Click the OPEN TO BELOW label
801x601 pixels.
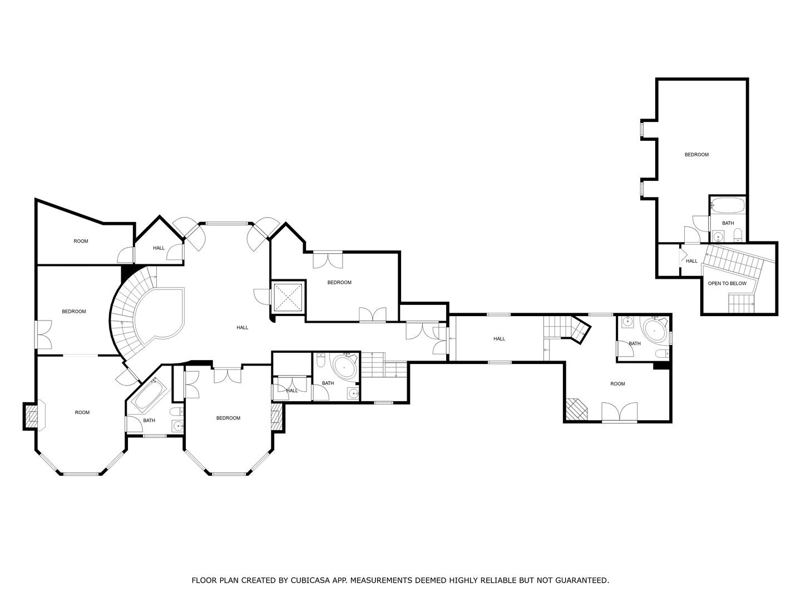point(726,283)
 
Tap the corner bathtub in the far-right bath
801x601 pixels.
point(654,332)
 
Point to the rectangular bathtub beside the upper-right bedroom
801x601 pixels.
point(728,205)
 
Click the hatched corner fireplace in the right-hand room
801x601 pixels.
point(576,409)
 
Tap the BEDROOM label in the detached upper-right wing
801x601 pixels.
point(696,155)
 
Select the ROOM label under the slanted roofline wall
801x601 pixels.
point(81,241)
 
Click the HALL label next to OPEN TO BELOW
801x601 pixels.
point(691,261)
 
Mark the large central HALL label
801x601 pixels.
point(242,328)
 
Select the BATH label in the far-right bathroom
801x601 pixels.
point(635,343)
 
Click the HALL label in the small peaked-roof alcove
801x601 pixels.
point(159,248)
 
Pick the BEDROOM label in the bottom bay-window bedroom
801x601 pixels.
point(228,418)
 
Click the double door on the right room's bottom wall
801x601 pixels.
point(620,412)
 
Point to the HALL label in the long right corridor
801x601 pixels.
point(499,339)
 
